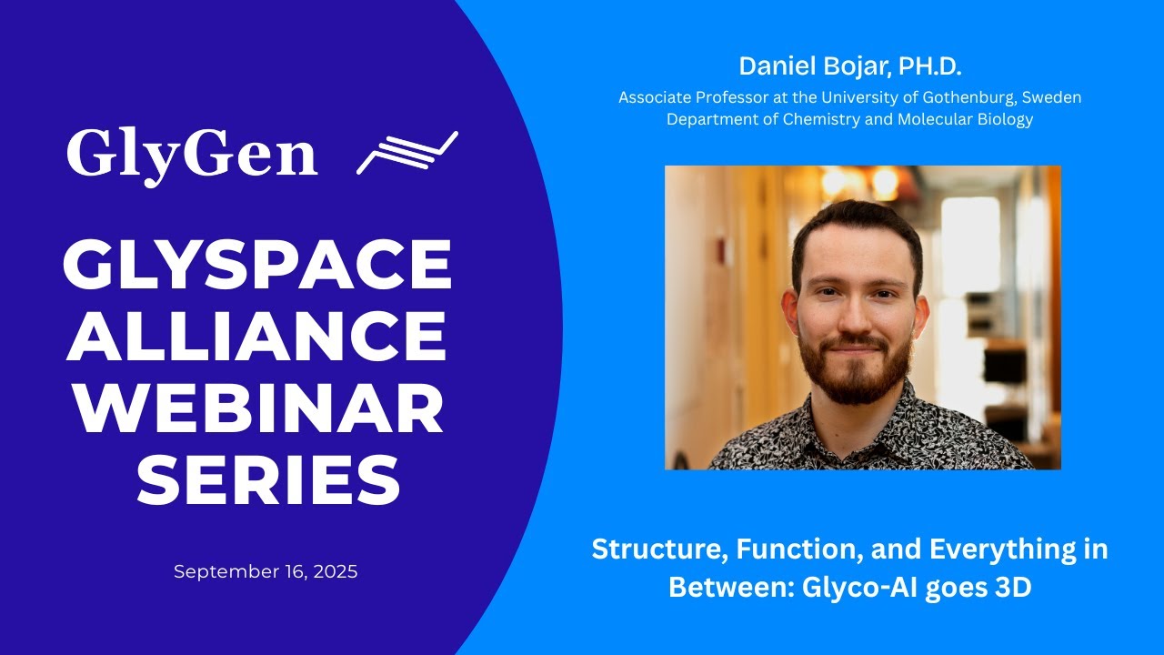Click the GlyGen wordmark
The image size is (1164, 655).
(192, 156)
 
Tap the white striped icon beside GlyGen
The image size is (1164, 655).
(407, 152)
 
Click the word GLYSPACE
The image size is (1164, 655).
(257, 264)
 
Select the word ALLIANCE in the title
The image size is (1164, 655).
(256, 336)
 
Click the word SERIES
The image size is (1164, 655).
(268, 479)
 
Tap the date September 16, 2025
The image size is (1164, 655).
(266, 572)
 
